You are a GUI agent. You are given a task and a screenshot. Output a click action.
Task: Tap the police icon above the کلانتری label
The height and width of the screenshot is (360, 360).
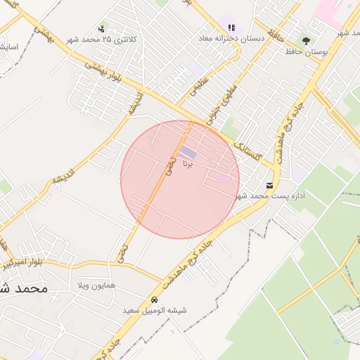[103, 30]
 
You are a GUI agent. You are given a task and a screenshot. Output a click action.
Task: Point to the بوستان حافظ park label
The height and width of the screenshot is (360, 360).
[304, 51]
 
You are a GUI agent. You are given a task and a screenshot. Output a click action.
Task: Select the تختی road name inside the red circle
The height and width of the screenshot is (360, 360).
[169, 166]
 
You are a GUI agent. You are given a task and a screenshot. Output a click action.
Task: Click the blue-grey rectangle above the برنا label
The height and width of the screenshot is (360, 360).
[187, 152]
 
